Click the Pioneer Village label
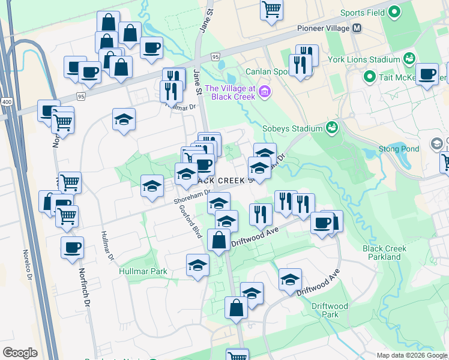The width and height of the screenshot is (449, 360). click(x=323, y=28)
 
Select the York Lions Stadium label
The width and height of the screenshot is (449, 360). click(x=364, y=60)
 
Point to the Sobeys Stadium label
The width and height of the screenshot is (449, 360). click(x=292, y=128)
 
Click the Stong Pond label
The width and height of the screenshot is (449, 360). click(x=394, y=149)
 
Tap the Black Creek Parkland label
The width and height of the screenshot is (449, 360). click(x=384, y=253)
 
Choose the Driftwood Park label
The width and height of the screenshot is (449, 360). click(x=329, y=310)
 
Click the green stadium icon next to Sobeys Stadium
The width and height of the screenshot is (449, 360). click(x=331, y=128)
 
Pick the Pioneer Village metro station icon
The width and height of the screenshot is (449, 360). click(x=357, y=28)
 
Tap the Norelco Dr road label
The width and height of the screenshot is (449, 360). click(x=26, y=266)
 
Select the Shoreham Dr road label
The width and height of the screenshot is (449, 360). click(x=191, y=196)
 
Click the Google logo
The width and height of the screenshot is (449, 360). click(x=20, y=353)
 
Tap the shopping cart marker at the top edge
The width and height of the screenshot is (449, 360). click(x=271, y=8)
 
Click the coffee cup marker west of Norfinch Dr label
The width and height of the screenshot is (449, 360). click(x=72, y=247)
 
